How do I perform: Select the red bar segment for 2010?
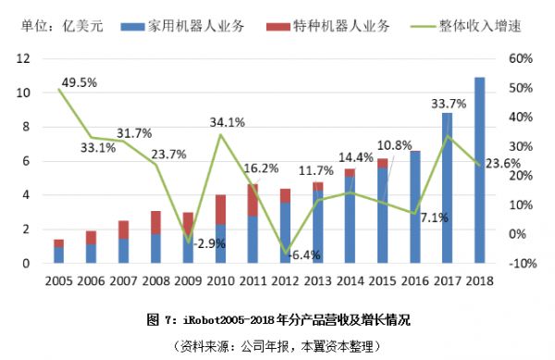pyautogui.click(x=221, y=209)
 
